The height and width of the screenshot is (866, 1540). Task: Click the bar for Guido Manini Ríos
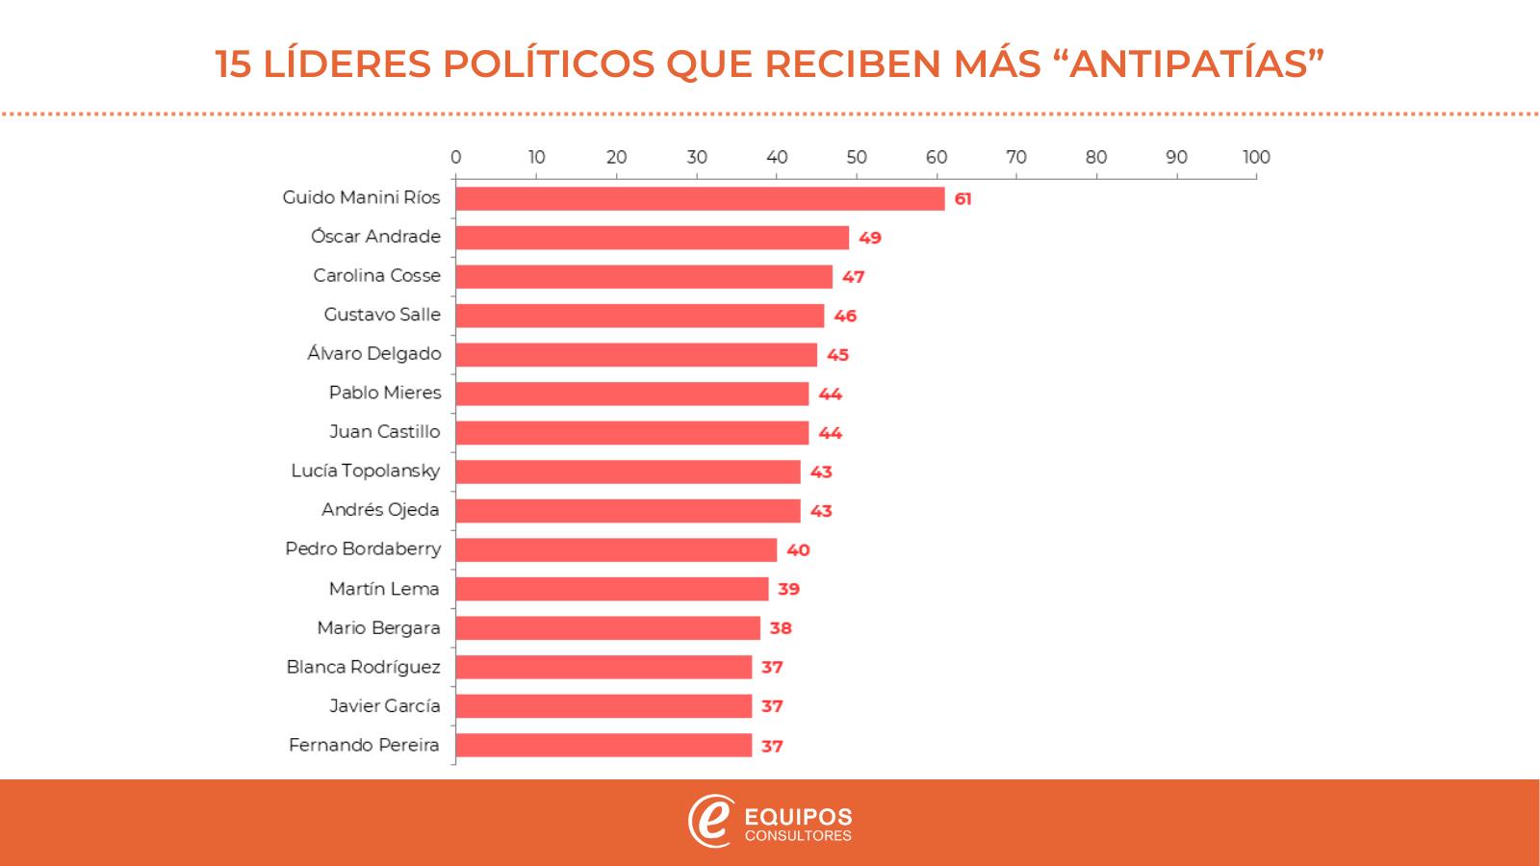(x=700, y=198)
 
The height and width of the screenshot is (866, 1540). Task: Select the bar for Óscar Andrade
(x=652, y=238)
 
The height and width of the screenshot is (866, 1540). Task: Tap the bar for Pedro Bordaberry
(x=616, y=549)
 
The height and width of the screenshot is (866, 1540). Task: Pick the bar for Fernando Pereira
(x=603, y=745)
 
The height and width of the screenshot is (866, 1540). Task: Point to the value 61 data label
(x=962, y=199)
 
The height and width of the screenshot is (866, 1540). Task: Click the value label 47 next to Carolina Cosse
(x=853, y=277)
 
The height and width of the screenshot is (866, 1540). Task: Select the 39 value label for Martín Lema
(x=788, y=589)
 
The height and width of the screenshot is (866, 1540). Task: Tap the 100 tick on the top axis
(x=1256, y=158)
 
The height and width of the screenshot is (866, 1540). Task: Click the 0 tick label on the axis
(x=455, y=158)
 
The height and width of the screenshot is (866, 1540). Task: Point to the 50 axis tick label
(x=856, y=158)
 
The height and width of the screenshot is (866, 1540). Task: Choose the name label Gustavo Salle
(x=382, y=315)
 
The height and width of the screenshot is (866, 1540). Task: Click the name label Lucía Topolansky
(x=366, y=471)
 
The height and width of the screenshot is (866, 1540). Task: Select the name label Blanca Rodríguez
(x=363, y=667)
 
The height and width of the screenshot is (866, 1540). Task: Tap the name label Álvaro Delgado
(x=374, y=354)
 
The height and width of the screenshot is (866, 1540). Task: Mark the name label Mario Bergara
(x=378, y=627)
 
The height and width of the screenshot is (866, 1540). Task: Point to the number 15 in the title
(x=234, y=64)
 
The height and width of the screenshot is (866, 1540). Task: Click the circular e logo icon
(x=710, y=821)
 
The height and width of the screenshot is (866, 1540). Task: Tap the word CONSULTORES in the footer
(x=799, y=836)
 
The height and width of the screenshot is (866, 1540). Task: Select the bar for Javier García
(x=603, y=706)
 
